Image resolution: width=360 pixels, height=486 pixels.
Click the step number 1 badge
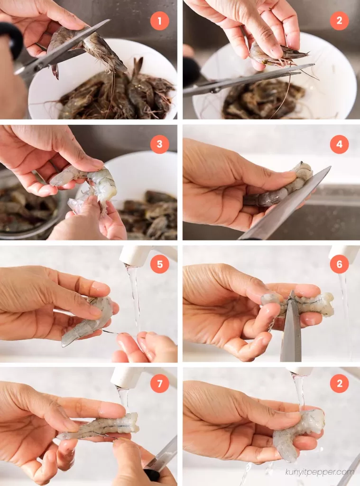pyautogui.click(x=159, y=21)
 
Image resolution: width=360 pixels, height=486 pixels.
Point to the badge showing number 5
pyautogui.click(x=159, y=264)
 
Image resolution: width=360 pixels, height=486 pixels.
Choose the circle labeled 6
pyautogui.click(x=339, y=264)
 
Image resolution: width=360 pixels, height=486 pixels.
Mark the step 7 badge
pyautogui.click(x=159, y=383)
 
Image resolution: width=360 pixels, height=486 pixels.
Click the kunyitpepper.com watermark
pyautogui.click(x=319, y=472)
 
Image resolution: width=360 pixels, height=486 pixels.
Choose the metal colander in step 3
pyautogui.click(x=28, y=204)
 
